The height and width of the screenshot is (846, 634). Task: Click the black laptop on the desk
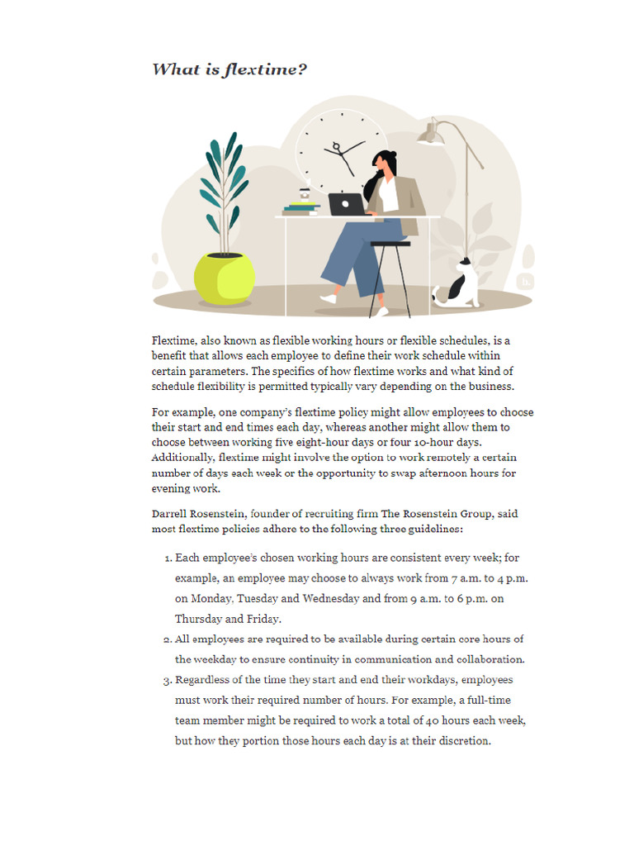(x=347, y=204)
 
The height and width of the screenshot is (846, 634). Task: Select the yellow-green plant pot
(x=224, y=278)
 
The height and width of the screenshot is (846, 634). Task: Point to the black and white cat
(x=459, y=285)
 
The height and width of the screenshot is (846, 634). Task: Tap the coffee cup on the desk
(x=304, y=196)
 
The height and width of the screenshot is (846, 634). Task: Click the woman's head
(x=384, y=162)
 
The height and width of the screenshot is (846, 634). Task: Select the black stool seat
(x=390, y=244)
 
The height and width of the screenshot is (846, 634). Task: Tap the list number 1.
(x=168, y=558)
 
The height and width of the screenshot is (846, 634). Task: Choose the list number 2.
(x=168, y=639)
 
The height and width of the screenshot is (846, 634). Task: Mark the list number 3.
(x=168, y=680)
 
